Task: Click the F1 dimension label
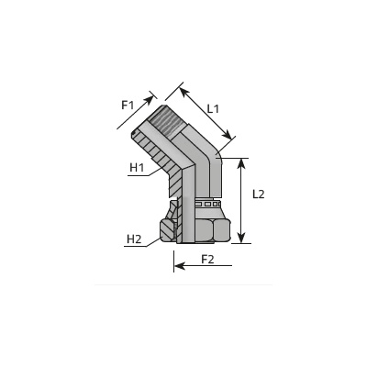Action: [x=128, y=106]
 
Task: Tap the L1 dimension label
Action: [x=213, y=109]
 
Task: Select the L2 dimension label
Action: [x=259, y=195]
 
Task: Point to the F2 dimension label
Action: [x=207, y=260]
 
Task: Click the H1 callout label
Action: [x=137, y=168]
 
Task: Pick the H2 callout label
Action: [x=134, y=239]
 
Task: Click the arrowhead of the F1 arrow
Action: [x=150, y=99]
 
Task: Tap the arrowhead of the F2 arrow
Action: [x=180, y=266]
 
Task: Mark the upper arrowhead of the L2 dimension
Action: [x=241, y=163]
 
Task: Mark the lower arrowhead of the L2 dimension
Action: [x=241, y=238]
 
